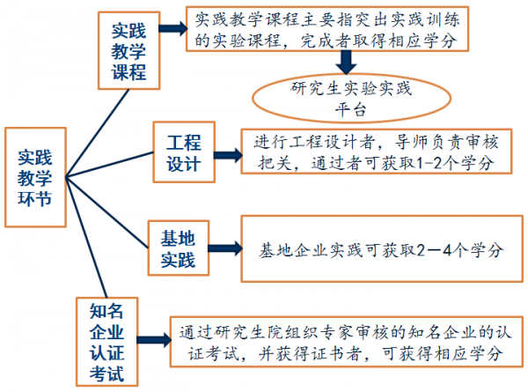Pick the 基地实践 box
pyautogui.click(x=177, y=249)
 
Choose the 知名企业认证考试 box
pyautogui.click(x=107, y=343)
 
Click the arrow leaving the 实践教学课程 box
pyautogui.click(x=173, y=29)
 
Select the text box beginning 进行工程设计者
pyautogui.click(x=377, y=151)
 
